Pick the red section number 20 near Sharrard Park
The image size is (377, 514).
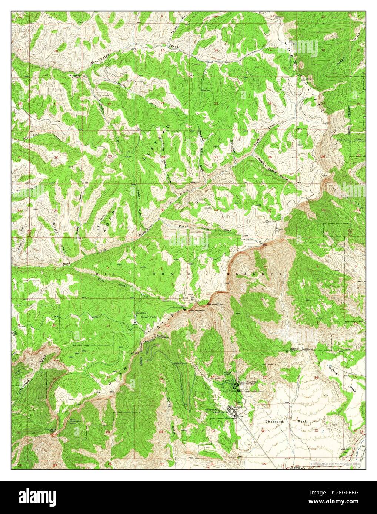[263, 431]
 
